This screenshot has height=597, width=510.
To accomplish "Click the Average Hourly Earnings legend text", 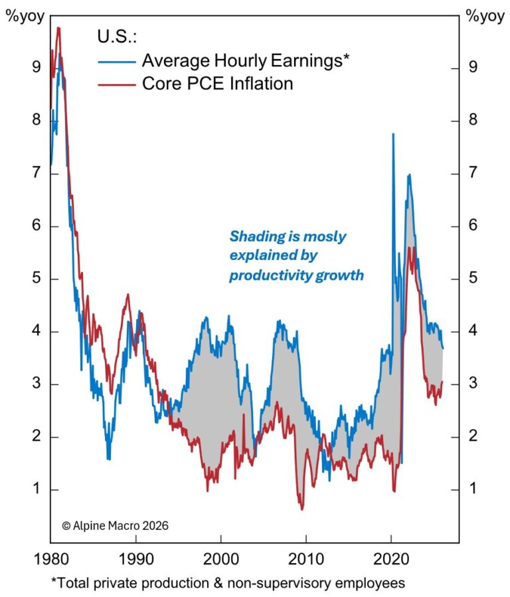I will (246, 61).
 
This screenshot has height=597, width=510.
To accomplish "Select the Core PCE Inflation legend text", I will (217, 84).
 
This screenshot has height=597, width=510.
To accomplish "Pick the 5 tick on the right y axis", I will (472, 279).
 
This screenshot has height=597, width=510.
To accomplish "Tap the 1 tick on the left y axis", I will (36, 490).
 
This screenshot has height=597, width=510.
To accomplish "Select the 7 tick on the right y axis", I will (472, 174).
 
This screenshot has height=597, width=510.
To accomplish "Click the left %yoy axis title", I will (25, 17).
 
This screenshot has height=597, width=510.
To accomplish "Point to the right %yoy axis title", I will (485, 17).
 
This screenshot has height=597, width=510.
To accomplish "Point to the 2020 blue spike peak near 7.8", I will (393, 134).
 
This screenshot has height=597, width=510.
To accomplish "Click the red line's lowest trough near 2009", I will (302, 509).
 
